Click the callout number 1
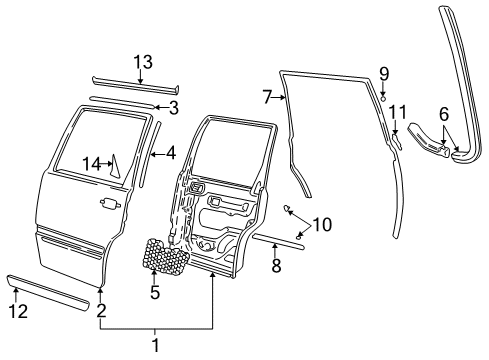point(155,345)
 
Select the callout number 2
point(100,310)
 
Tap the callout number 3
point(173,107)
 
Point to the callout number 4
point(170,154)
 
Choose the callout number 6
point(444,115)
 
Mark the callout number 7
point(267,97)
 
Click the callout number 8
point(275,267)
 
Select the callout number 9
point(383,73)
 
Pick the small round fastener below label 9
point(383,97)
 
